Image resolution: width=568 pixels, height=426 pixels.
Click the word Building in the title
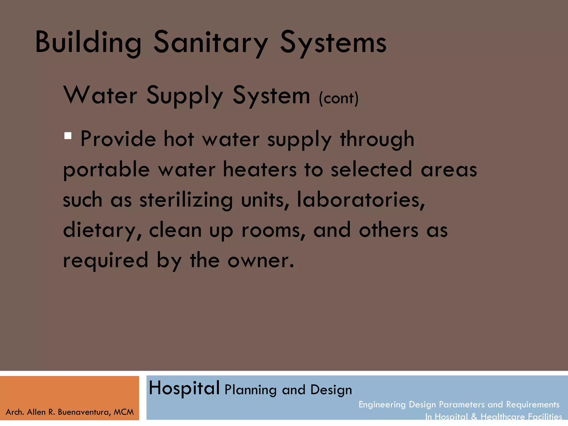[88, 42]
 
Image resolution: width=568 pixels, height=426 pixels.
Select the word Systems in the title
[333, 42]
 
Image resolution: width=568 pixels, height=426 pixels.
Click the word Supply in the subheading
[184, 96]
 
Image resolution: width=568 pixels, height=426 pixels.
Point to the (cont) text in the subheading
[339, 98]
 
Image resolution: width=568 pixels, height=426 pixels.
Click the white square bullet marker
[68, 136]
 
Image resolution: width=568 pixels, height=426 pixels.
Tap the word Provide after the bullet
[118, 139]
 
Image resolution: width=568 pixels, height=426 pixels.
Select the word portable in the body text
[106, 170]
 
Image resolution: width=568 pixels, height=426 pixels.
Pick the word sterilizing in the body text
[186, 200]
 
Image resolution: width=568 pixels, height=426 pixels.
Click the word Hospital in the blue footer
[184, 388]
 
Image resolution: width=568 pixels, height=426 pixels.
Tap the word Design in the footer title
[331, 390]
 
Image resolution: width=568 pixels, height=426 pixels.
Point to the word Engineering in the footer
[382, 405]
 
